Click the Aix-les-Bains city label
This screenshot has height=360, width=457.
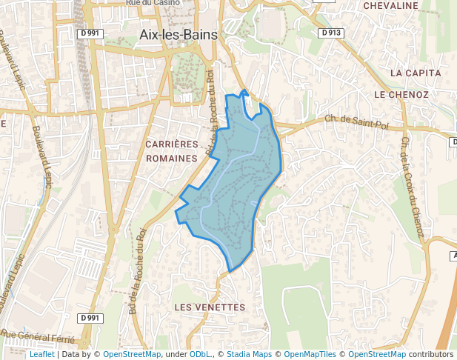[x=178, y=35]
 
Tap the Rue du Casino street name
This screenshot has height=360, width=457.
[x=153, y=4]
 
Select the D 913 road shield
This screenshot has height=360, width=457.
[x=331, y=33]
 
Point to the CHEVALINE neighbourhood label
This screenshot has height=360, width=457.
[x=391, y=6]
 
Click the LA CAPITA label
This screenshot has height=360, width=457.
[x=416, y=73]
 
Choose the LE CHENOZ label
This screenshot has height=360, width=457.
[x=401, y=95]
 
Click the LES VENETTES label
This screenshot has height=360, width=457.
[x=209, y=307]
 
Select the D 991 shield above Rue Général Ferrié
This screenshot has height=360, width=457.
[x=90, y=318]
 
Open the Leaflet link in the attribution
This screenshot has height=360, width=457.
[x=41, y=355]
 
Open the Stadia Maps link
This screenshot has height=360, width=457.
[x=249, y=355]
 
